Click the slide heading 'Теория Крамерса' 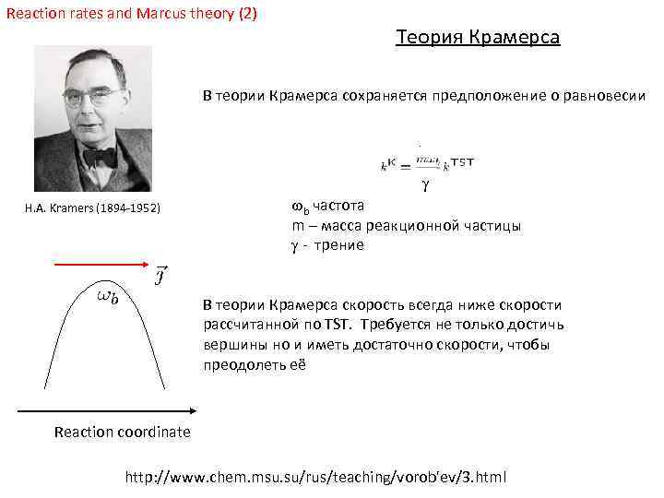[477, 38]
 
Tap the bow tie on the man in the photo [100, 157]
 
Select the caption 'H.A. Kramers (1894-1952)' [92, 209]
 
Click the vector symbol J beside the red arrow [160, 274]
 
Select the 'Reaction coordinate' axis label [123, 432]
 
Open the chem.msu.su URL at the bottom [315, 477]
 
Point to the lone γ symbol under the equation [425, 185]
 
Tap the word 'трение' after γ [338, 245]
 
